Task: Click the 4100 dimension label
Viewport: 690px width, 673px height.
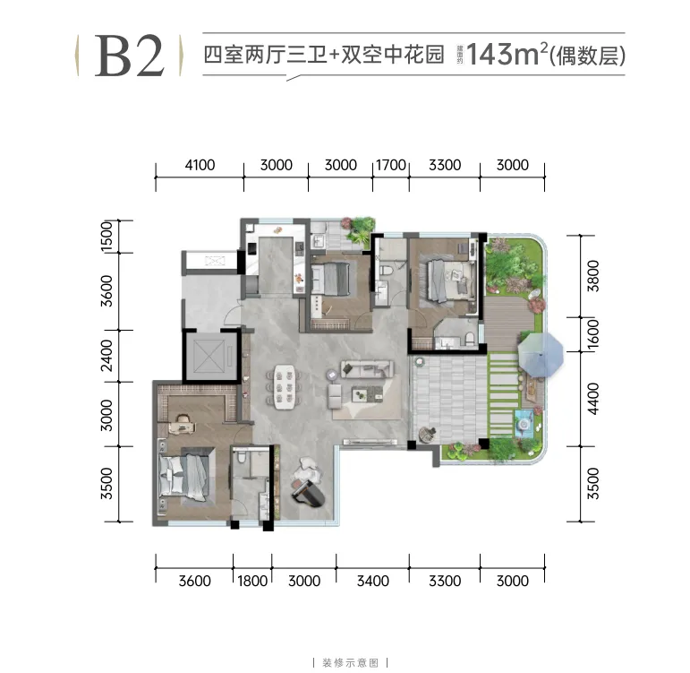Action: (x=200, y=165)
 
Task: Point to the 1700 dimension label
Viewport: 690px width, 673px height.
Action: (x=391, y=165)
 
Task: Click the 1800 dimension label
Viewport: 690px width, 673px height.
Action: (x=253, y=581)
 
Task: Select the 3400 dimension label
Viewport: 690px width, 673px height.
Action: (x=372, y=581)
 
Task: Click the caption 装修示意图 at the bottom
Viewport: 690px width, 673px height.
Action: (x=345, y=664)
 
